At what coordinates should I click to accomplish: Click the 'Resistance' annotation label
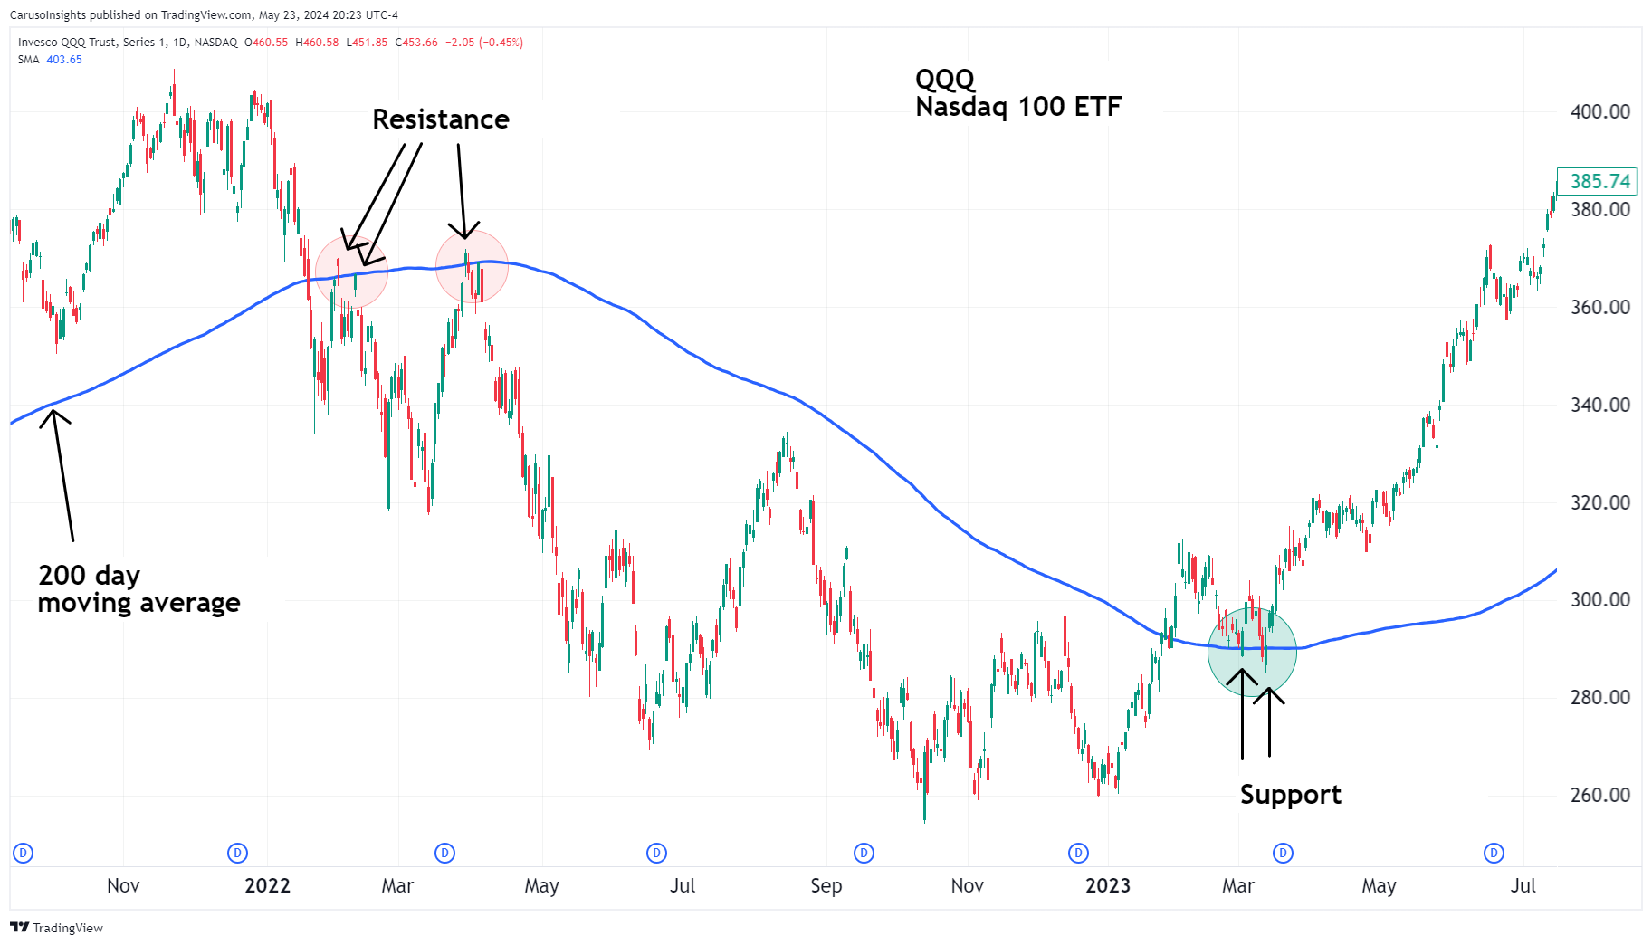[441, 119]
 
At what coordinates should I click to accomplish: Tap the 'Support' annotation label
[1290, 795]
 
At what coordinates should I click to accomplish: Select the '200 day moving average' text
[138, 589]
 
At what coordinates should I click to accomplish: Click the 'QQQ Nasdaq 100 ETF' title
[1017, 93]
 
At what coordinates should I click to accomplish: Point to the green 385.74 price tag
[1599, 181]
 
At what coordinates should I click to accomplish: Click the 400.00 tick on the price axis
[1599, 112]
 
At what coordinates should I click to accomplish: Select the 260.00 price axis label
[1599, 795]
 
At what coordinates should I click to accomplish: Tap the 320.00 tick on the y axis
[1599, 502]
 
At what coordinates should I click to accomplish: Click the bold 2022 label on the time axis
[267, 885]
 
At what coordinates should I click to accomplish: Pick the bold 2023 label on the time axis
[1108, 885]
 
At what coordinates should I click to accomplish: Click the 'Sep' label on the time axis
[826, 885]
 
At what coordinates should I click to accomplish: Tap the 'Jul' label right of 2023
[1523, 885]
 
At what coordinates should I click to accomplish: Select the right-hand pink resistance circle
[472, 266]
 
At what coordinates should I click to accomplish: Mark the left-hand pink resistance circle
[351, 272]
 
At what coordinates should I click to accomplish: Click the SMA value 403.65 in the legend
[64, 60]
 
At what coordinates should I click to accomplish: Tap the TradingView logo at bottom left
[57, 928]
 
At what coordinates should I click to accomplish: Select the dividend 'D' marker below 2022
[237, 853]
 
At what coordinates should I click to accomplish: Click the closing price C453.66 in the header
[416, 43]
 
